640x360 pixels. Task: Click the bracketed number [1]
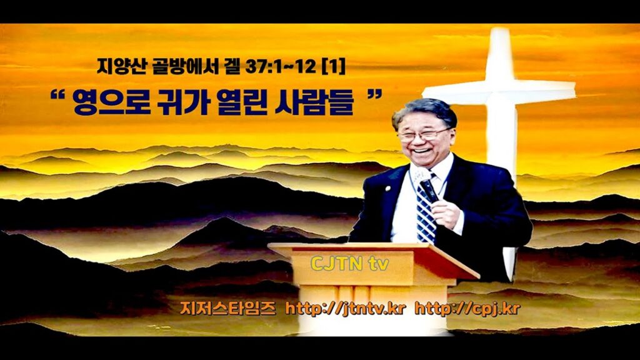(332, 66)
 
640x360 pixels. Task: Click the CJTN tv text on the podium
(349, 264)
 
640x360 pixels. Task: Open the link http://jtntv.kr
(345, 309)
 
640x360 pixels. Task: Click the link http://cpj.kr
(467, 309)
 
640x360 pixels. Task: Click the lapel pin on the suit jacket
(387, 189)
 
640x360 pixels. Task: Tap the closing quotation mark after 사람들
(375, 95)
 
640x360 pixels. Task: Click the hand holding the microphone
(447, 212)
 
